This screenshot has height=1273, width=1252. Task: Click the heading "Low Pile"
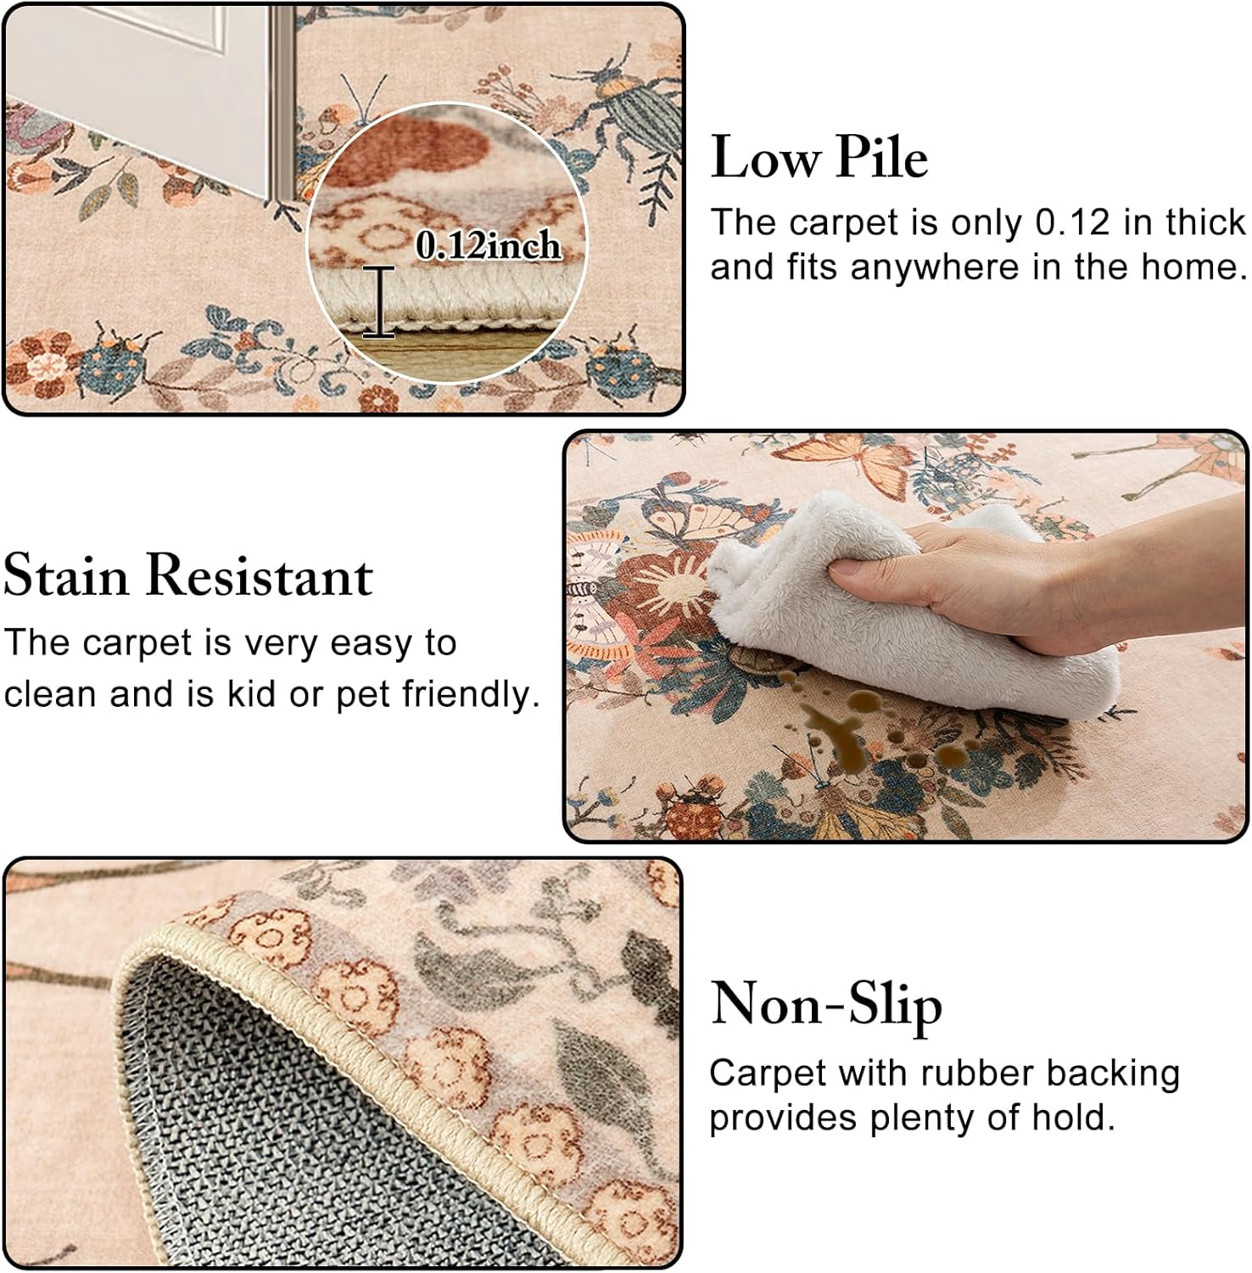(819, 158)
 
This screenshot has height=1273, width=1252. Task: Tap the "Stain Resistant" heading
(188, 575)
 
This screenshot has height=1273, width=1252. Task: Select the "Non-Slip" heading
(826, 1006)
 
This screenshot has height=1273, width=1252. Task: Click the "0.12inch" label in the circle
(489, 246)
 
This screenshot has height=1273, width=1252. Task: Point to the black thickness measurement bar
(379, 302)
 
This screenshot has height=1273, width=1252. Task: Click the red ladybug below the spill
(691, 815)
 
